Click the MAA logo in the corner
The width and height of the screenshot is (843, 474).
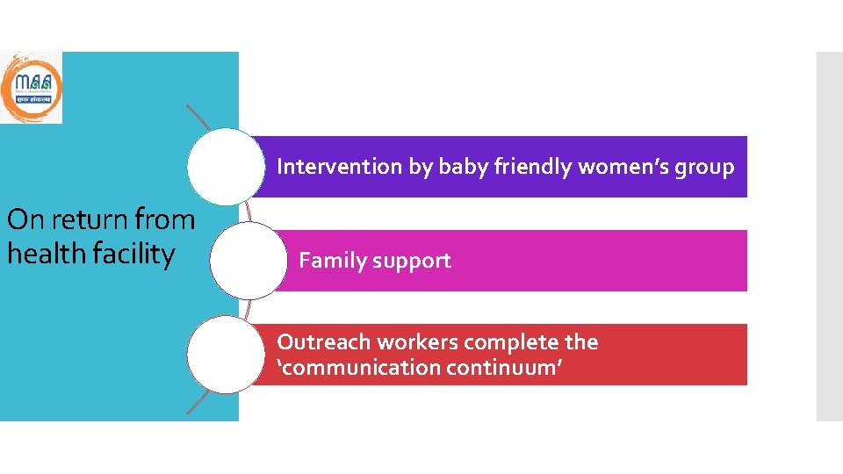tap(32, 87)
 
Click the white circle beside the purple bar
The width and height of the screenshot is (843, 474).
tap(226, 166)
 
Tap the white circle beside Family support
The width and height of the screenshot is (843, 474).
tap(249, 261)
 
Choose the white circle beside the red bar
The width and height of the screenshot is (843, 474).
tap(226, 355)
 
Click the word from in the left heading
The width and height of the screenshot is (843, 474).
tap(164, 219)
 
